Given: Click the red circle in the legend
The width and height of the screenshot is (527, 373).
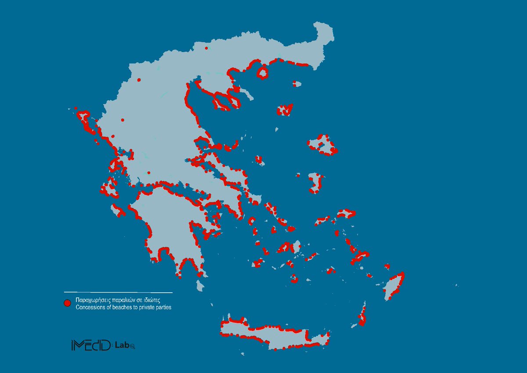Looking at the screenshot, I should coord(67,303).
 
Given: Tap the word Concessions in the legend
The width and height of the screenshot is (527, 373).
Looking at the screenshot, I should coord(90,308).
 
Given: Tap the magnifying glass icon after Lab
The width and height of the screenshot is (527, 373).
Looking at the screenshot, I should coord(132,346).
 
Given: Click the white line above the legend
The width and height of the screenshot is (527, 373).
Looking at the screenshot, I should coord(118,292).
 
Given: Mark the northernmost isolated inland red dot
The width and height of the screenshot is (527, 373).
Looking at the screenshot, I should coord(206,47).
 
